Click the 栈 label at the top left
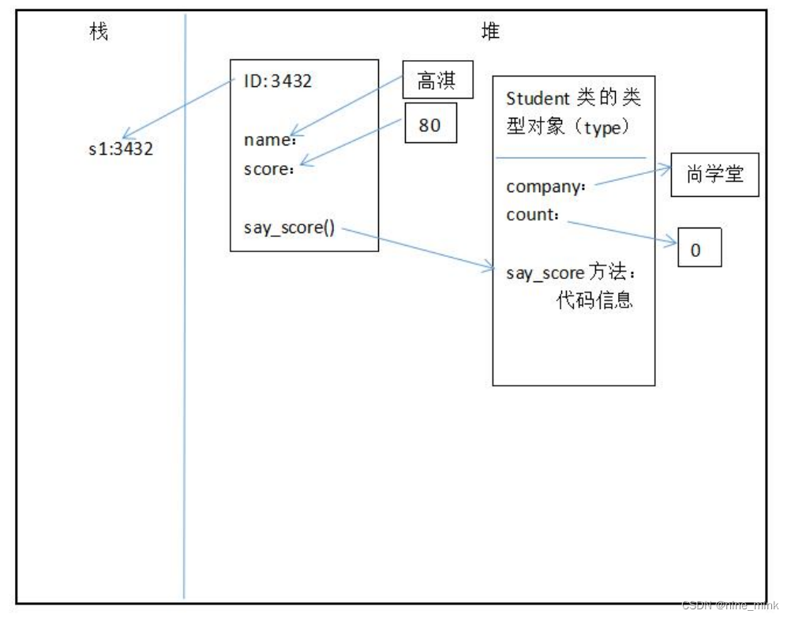pyautogui.click(x=97, y=33)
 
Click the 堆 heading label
pyautogui.click(x=489, y=32)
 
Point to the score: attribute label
pyautogui.click(x=268, y=168)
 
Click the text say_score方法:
pyautogui.click(x=570, y=273)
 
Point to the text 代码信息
pyautogui.click(x=594, y=301)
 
